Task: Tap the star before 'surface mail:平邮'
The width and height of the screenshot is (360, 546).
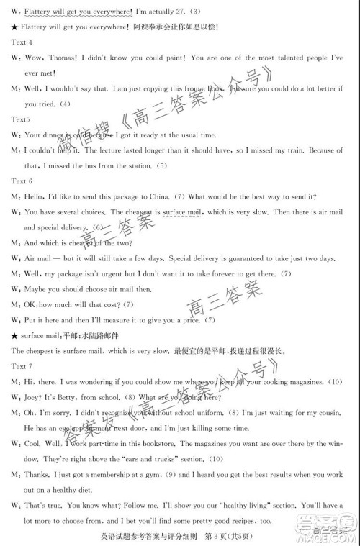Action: tap(14, 335)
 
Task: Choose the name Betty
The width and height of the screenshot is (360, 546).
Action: tap(76, 396)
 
